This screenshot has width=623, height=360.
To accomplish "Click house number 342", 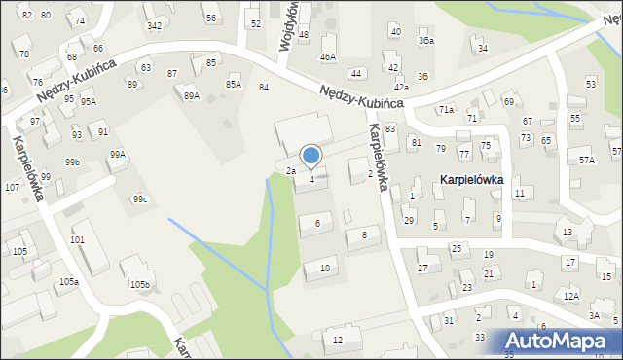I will pyautogui.click(x=154, y=25).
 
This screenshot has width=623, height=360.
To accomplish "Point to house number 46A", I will pyautogui.click(x=328, y=57).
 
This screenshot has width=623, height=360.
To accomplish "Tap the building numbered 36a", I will pyautogui.click(x=426, y=41).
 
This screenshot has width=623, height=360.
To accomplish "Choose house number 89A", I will pyautogui.click(x=192, y=95).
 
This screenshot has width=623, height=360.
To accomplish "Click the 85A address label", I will pyautogui.click(x=234, y=84).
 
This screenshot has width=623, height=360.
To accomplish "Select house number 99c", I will pyautogui.click(x=141, y=199).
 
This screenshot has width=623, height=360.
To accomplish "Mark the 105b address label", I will pyautogui.click(x=141, y=285).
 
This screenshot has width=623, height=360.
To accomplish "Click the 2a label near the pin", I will pyautogui.click(x=290, y=171).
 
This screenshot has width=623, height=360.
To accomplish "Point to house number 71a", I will pyautogui.click(x=446, y=109).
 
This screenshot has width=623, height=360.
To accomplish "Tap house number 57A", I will pyautogui.click(x=586, y=160).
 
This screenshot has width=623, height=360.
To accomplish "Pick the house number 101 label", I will pyautogui.click(x=78, y=239).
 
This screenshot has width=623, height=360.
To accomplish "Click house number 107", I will pyautogui.click(x=12, y=187).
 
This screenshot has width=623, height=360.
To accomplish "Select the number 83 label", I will pyautogui.click(x=390, y=128).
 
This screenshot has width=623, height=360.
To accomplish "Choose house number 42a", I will pyautogui.click(x=401, y=88).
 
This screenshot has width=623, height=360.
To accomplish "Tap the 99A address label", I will pyautogui.click(x=117, y=154).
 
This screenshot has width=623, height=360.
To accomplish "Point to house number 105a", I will pyautogui.click(x=67, y=281).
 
